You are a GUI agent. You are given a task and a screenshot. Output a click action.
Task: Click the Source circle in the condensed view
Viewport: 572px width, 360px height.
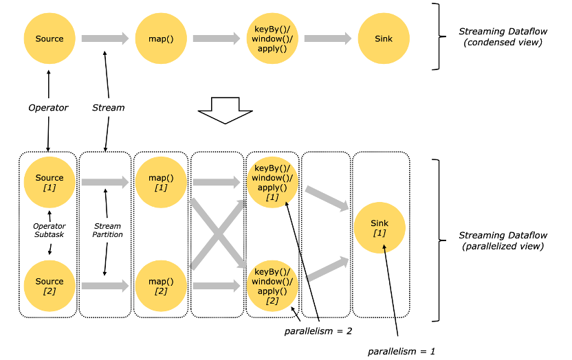click(49, 39)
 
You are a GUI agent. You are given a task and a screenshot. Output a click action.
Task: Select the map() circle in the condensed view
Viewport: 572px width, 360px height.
click(161, 39)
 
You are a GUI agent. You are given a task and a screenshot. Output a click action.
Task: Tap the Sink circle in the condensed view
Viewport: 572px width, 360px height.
click(384, 39)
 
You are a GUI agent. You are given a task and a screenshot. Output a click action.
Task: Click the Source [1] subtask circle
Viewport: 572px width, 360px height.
click(49, 182)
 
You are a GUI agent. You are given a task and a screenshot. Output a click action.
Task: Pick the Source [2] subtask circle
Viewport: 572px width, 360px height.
click(49, 286)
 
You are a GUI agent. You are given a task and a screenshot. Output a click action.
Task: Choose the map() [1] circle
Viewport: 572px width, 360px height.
click(161, 182)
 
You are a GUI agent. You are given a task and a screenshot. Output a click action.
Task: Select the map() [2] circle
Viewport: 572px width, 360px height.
click(161, 286)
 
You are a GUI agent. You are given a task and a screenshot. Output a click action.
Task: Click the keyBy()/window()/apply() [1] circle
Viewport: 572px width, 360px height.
click(272, 182)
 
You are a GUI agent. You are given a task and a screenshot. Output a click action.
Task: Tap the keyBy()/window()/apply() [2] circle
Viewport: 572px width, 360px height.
click(272, 286)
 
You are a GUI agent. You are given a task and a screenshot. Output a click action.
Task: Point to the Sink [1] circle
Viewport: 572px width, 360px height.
click(379, 227)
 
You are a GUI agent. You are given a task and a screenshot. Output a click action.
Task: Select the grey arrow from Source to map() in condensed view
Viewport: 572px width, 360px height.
click(105, 39)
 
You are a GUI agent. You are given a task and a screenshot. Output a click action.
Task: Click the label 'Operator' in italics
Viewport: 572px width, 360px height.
click(48, 108)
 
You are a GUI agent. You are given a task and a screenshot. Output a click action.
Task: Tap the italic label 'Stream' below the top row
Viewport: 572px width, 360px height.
click(109, 108)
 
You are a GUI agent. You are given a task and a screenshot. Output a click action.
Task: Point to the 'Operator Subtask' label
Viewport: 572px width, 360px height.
click(49, 230)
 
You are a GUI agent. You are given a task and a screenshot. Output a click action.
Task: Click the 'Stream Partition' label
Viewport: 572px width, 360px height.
click(108, 230)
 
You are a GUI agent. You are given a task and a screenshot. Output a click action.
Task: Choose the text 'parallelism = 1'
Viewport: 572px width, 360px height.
click(401, 351)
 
